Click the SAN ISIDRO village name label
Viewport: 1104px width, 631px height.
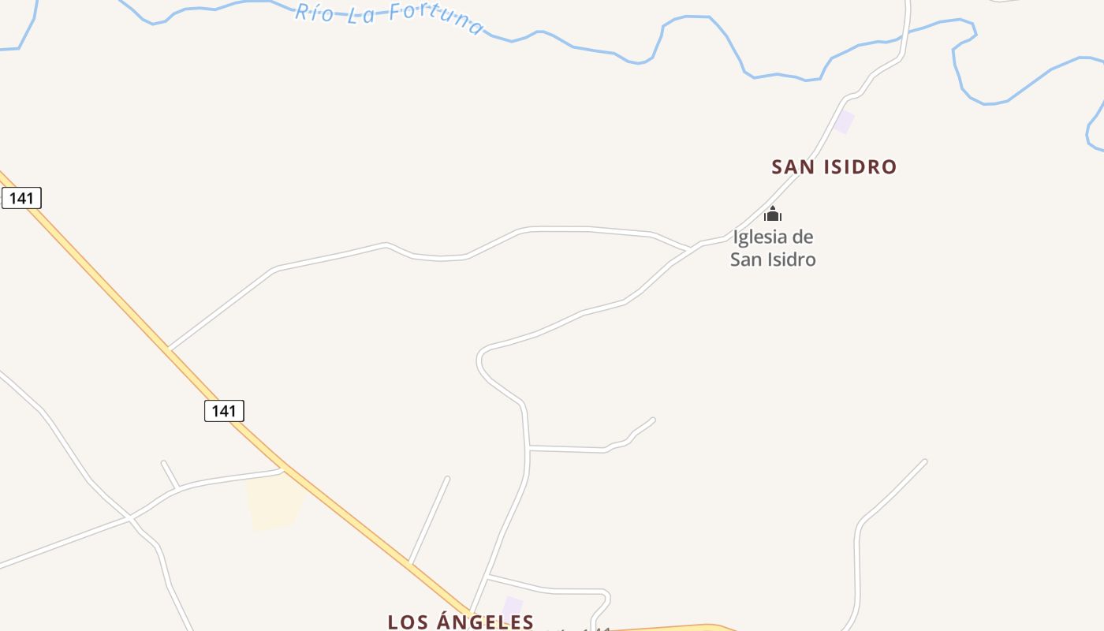[x=834, y=167]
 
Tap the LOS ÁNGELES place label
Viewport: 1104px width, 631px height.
[x=461, y=622]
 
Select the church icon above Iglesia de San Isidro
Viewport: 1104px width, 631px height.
[x=773, y=214]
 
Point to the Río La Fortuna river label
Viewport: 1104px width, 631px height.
[x=390, y=17]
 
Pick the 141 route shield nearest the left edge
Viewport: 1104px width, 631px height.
[x=21, y=198]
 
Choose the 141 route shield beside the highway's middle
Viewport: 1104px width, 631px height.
[x=224, y=411]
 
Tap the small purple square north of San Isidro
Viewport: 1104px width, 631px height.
[x=845, y=122]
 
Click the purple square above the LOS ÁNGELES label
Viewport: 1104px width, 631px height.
[x=513, y=606]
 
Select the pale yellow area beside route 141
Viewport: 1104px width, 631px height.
[x=273, y=502]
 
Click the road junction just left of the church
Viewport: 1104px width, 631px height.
[x=691, y=248]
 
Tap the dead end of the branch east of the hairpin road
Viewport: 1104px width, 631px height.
[x=653, y=420]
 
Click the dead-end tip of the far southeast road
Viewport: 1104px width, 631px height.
[x=924, y=461]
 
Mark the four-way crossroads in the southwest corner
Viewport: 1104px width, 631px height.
[x=129, y=517]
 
